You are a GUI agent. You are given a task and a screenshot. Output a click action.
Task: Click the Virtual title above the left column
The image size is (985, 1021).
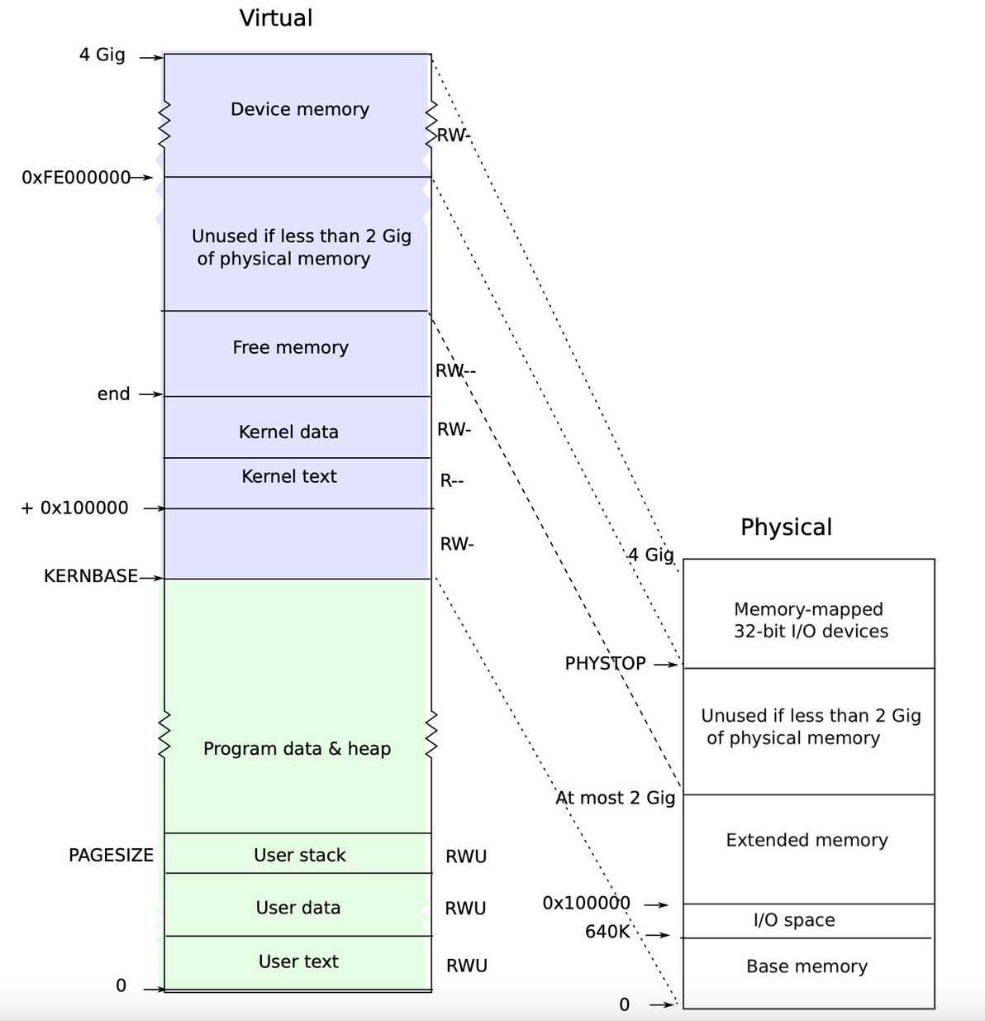[276, 18]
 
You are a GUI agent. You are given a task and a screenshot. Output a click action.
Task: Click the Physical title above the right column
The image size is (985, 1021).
[786, 527]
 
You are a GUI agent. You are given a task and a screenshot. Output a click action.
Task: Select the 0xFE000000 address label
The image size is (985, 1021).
[76, 178]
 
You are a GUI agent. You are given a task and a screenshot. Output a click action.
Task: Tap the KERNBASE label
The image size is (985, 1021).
[91, 576]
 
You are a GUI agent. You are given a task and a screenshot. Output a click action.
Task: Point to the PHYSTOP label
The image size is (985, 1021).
[606, 663]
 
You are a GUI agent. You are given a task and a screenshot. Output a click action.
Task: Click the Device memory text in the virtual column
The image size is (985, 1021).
[300, 109]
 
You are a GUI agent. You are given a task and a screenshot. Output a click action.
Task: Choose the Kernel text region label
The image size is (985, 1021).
[289, 476]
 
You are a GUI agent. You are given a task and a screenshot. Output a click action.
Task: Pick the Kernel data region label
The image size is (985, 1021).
[288, 432]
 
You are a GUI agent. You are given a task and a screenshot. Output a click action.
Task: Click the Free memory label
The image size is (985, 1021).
[290, 347]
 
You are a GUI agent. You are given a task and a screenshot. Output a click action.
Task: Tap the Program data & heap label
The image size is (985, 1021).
[297, 749]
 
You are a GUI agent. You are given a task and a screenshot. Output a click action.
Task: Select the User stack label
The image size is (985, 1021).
[299, 855]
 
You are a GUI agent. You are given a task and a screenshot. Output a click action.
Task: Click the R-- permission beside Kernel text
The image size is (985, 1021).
[451, 481]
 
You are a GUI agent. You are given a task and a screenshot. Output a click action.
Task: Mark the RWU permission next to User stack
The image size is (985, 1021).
[466, 856]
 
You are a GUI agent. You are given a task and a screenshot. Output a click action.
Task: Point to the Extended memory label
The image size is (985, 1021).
[807, 840]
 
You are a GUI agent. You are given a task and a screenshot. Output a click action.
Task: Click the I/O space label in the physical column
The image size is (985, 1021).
[794, 920]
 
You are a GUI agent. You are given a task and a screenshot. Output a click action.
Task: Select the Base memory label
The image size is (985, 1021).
[807, 966]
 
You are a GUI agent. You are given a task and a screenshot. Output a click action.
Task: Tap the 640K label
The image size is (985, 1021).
[607, 932]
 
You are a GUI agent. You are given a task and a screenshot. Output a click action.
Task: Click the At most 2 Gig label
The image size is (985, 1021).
[615, 798]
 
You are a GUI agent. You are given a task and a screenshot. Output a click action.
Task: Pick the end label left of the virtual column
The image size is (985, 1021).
[113, 394]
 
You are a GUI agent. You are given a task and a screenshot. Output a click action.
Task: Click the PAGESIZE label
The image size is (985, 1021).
[111, 855]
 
